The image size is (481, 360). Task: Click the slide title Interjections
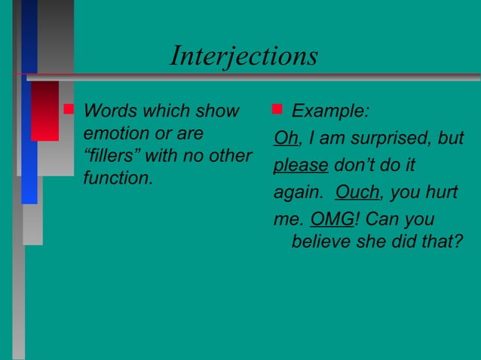coord(244,56)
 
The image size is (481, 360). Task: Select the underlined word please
coord(300,166)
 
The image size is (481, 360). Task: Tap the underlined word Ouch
coord(357,192)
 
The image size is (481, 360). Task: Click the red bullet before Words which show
coord(69,110)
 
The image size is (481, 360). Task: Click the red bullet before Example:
coord(277,110)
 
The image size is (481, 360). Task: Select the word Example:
coord(330,112)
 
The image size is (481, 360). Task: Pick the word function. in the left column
coord(117,180)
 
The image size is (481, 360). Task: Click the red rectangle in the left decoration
coord(44,110)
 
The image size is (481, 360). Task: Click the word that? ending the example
coord(443,242)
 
